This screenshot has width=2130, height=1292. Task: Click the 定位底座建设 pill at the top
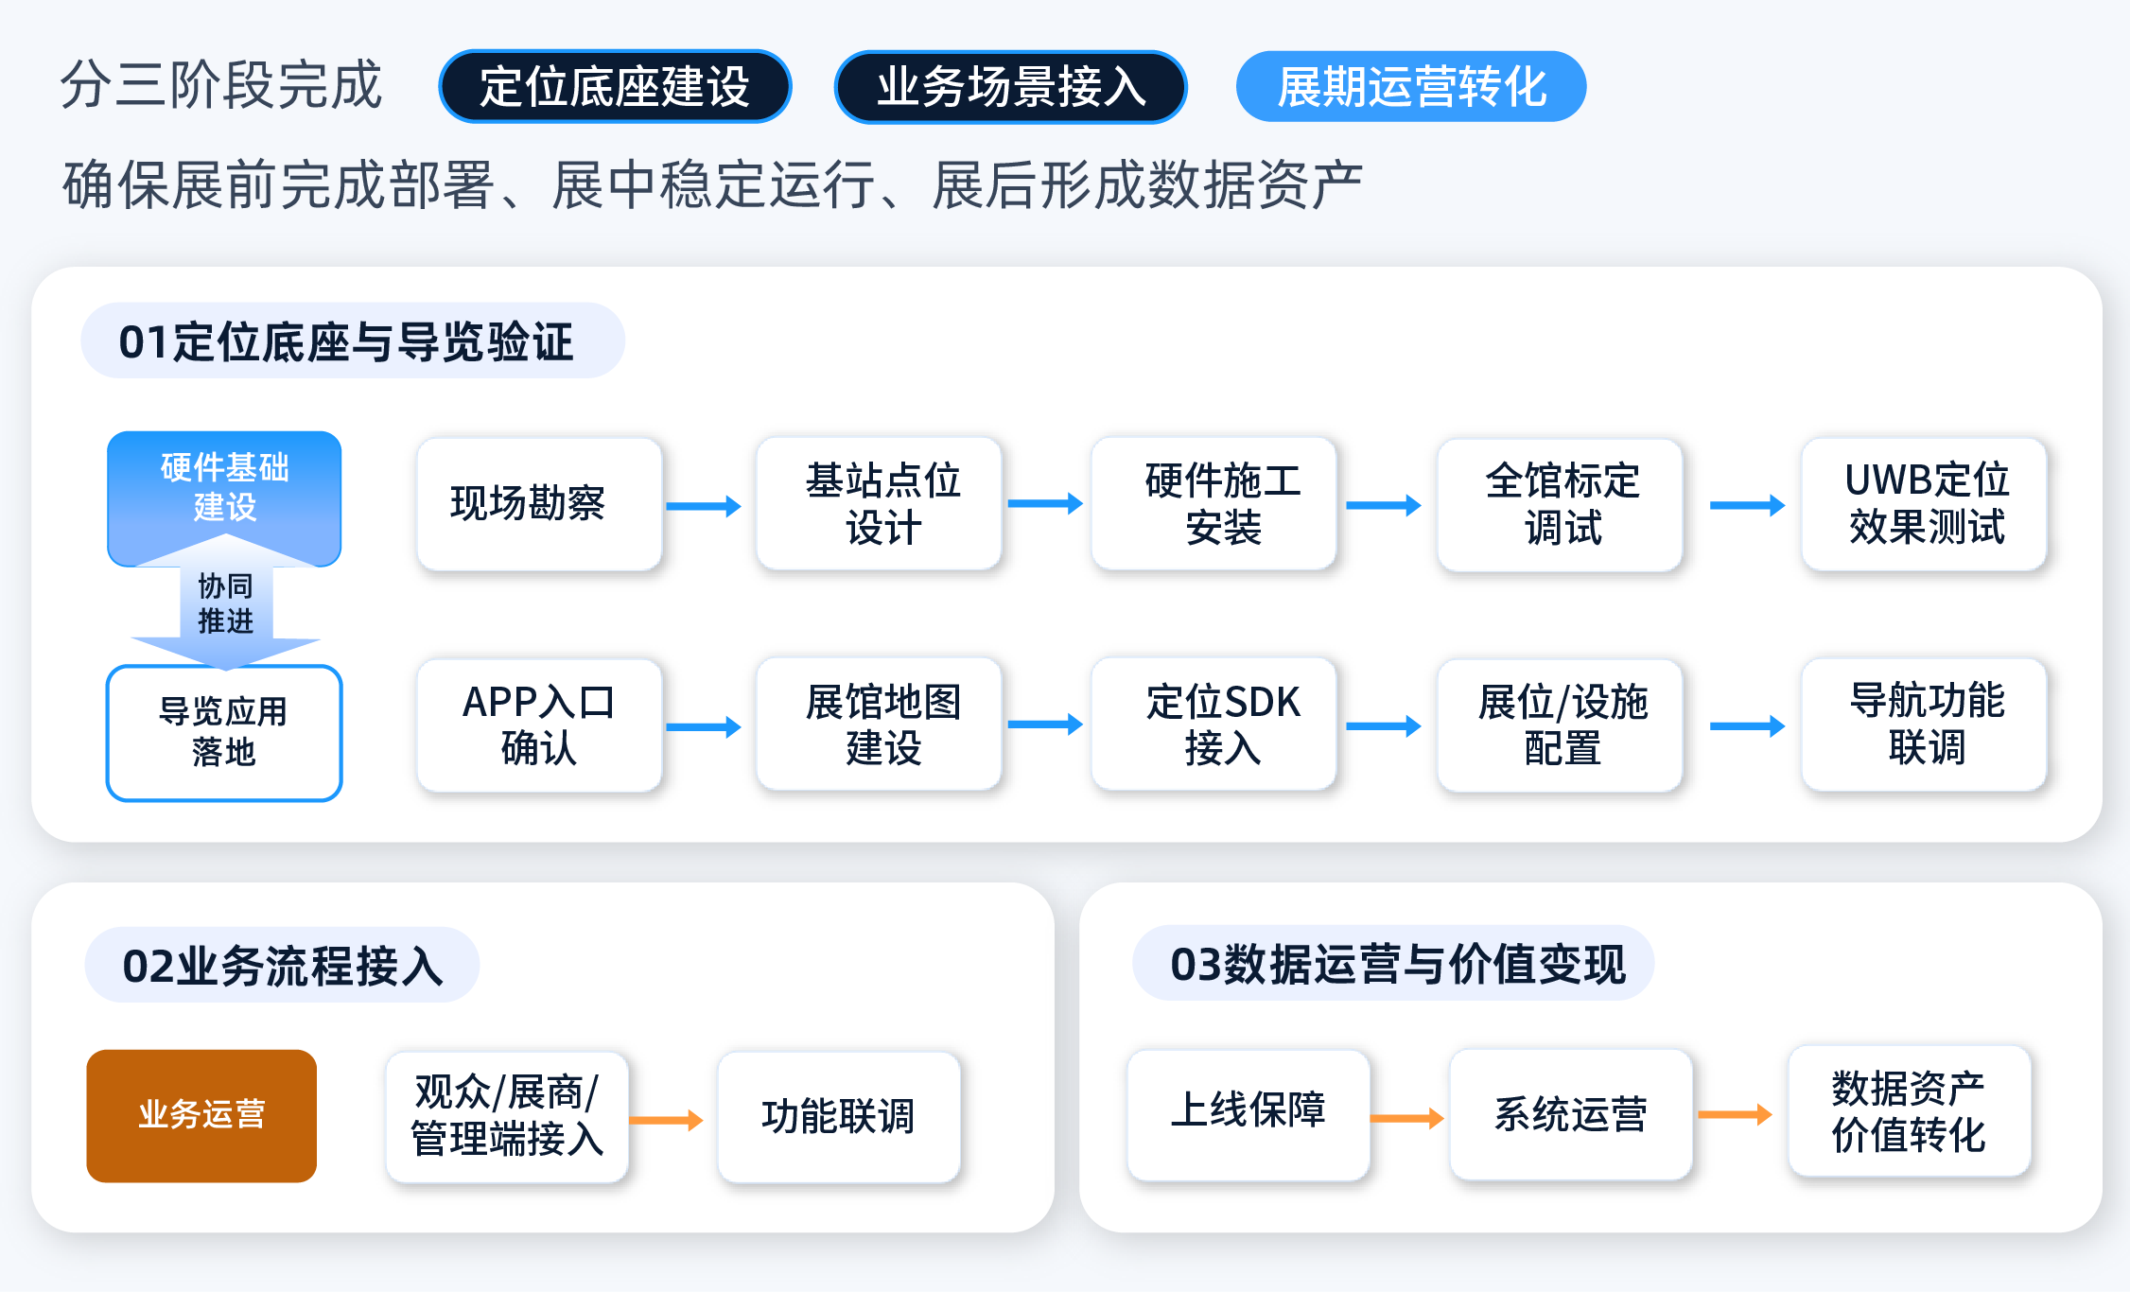(615, 86)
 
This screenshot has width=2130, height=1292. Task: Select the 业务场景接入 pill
(1010, 86)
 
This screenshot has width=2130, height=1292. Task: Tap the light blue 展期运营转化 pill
(1411, 86)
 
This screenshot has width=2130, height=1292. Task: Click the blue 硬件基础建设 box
(224, 492)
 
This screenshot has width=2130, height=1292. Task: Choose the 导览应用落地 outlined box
(224, 733)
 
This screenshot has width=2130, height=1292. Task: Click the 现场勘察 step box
(539, 503)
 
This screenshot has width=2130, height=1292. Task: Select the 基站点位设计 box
(879, 503)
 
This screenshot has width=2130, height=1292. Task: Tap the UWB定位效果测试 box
(1924, 503)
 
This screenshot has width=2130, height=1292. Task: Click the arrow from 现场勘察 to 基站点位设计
(703, 506)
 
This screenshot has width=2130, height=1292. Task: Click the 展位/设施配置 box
(1560, 725)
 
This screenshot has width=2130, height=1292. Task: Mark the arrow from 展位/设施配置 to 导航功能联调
(1747, 726)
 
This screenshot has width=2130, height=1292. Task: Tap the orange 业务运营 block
(201, 1116)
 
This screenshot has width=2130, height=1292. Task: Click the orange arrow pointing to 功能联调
(666, 1121)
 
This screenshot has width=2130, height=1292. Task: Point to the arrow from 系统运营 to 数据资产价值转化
(1735, 1115)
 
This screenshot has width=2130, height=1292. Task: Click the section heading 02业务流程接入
(283, 966)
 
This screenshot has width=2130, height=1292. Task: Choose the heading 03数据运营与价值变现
(1398, 964)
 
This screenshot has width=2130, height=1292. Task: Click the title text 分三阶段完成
(221, 85)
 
